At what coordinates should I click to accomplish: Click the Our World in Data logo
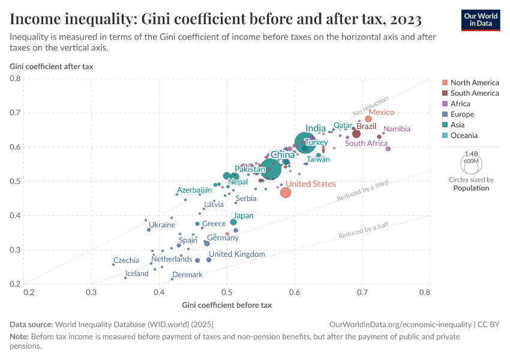tap(480, 20)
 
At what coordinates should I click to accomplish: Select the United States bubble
tap(286, 193)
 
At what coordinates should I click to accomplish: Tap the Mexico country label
tap(381, 112)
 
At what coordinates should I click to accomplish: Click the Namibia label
tap(397, 129)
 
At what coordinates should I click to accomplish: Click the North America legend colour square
tap(445, 83)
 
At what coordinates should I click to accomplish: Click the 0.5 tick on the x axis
tap(227, 293)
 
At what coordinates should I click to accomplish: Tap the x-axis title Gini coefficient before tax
tap(227, 305)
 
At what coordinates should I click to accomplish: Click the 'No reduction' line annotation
tap(371, 106)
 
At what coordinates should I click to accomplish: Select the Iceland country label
tap(137, 274)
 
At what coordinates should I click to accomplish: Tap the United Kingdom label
tap(237, 254)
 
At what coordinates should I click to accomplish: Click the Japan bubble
tap(233, 222)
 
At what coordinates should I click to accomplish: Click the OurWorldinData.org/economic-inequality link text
tap(400, 324)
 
